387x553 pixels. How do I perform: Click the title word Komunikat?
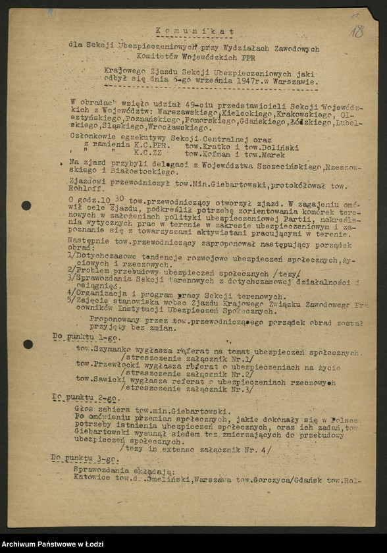tap(195, 31)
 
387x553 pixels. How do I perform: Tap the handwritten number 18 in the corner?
tap(357, 31)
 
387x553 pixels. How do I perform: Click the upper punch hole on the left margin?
tap(26, 205)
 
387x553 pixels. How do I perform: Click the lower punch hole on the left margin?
tap(28, 344)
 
